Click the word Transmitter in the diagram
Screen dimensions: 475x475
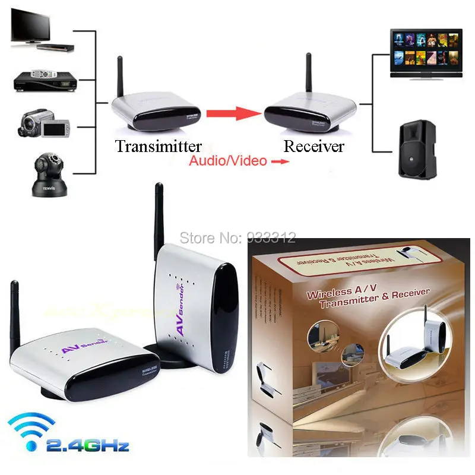[159, 146]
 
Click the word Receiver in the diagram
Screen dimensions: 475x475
[313, 146]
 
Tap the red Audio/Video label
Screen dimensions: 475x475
[228, 161]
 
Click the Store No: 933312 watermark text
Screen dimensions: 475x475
[237, 238]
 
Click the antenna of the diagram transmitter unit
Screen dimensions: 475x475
[120, 77]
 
